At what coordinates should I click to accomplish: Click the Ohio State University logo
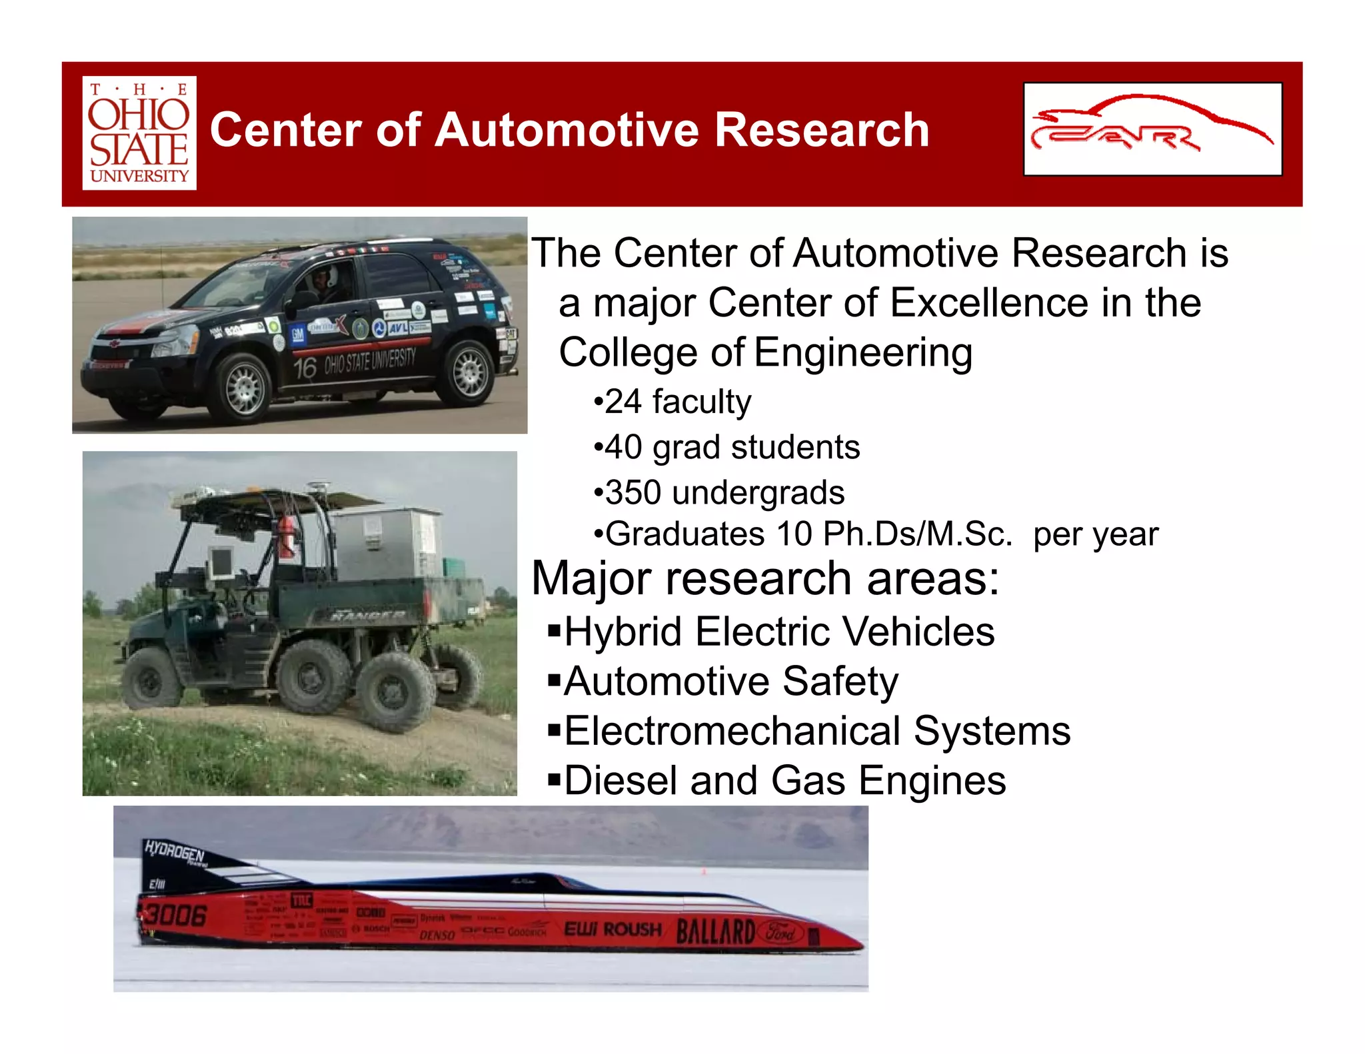click(x=139, y=133)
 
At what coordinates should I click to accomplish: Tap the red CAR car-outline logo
click(x=1152, y=129)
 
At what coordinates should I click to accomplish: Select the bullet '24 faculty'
click(x=673, y=402)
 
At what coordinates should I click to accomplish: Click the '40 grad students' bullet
click(x=727, y=447)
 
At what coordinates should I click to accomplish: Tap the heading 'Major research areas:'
click(x=765, y=578)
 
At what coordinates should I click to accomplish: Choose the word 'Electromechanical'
click(x=732, y=731)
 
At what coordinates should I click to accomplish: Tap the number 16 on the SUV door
click(x=305, y=368)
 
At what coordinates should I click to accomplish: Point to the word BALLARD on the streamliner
click(x=715, y=931)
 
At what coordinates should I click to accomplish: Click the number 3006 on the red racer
click(x=175, y=915)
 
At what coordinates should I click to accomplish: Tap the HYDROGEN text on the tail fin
click(x=174, y=852)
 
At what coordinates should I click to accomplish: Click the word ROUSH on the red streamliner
click(x=633, y=929)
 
